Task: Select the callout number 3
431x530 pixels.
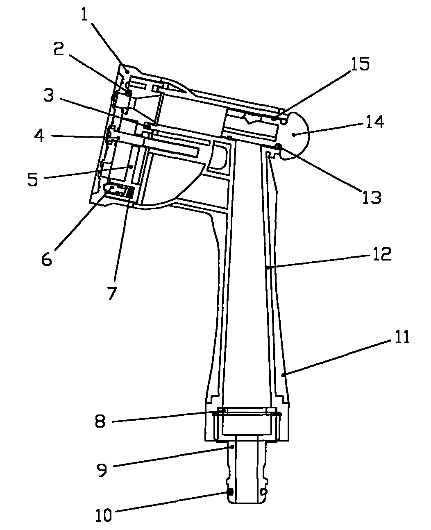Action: click(x=48, y=95)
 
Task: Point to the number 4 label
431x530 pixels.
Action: click(x=39, y=136)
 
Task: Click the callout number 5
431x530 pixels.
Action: click(x=33, y=179)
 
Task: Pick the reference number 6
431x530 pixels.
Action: click(x=47, y=260)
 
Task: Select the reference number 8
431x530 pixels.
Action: click(x=100, y=421)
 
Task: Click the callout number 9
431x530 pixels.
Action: click(x=101, y=469)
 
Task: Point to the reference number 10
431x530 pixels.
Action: click(x=104, y=515)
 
